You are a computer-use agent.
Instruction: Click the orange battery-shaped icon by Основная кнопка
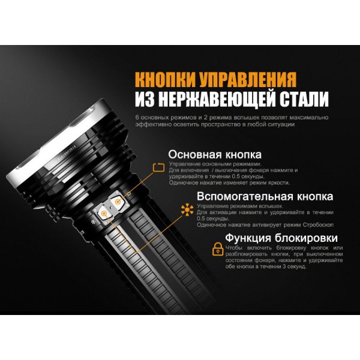[x=158, y=167]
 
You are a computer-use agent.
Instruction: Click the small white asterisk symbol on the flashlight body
[x=93, y=223]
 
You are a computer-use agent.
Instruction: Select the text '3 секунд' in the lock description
[x=287, y=267]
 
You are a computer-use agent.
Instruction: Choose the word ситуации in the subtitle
[x=294, y=125]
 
